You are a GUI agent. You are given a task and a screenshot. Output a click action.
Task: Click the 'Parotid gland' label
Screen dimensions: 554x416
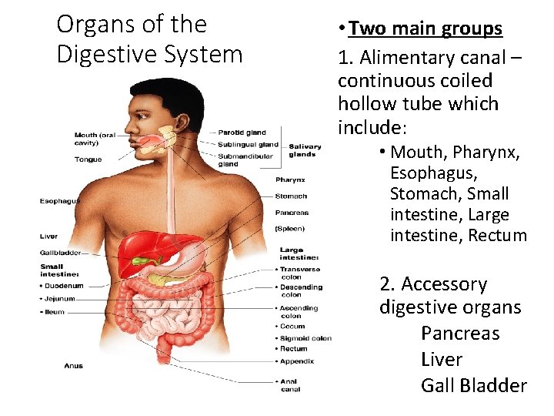[242, 133]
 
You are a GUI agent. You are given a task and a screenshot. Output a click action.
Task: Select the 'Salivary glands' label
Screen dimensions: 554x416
[302, 150]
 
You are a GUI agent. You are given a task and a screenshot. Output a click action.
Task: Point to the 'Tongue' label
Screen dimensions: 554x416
[88, 159]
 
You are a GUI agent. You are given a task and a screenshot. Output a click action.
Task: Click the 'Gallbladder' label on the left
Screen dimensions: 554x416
[61, 253]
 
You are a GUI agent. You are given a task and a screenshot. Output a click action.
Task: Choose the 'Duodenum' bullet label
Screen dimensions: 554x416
[64, 286]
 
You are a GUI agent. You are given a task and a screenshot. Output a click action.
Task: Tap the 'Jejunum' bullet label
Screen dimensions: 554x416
[62, 298]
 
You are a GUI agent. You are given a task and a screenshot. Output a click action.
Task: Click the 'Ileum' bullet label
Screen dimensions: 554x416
[56, 312]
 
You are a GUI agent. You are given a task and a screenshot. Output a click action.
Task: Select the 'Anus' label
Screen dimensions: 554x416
[74, 366]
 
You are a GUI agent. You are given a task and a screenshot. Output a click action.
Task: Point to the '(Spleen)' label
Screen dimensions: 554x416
[290, 229]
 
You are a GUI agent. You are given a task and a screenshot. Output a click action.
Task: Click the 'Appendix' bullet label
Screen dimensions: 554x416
[295, 361]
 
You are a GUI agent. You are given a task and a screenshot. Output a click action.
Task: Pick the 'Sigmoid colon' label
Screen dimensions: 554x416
[305, 338]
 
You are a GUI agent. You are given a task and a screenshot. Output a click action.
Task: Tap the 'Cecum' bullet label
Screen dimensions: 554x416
[292, 327]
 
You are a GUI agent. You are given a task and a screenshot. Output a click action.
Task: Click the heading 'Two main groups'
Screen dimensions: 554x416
[425, 29]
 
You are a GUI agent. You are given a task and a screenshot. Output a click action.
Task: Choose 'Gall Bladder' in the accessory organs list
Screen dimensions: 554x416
[473, 385]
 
